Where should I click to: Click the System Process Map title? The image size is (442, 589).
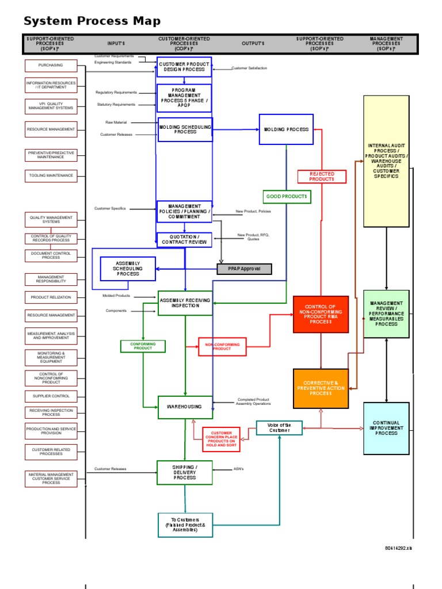click(92, 21)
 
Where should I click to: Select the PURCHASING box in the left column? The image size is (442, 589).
click(51, 66)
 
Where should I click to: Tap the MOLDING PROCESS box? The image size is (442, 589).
click(286, 129)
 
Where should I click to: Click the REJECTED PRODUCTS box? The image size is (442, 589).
click(322, 177)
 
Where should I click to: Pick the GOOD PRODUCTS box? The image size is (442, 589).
click(287, 197)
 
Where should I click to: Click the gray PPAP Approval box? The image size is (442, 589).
click(244, 269)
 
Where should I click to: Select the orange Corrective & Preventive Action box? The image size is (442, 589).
click(321, 388)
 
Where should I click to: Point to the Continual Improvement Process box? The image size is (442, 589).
click(386, 429)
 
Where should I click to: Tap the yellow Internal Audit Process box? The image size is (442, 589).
click(386, 161)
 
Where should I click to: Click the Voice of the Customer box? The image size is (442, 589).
click(279, 428)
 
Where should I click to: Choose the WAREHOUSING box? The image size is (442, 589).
click(185, 407)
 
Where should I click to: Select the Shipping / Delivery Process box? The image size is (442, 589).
click(185, 472)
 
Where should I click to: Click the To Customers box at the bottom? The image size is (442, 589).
click(185, 525)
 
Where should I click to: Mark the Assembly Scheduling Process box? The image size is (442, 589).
click(128, 269)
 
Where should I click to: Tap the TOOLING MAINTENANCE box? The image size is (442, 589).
click(51, 175)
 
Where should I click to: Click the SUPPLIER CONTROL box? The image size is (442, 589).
click(51, 396)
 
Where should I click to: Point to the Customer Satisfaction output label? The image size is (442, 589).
click(249, 68)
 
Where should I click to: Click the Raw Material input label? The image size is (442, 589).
click(116, 123)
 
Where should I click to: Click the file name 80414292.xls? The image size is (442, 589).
click(398, 548)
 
